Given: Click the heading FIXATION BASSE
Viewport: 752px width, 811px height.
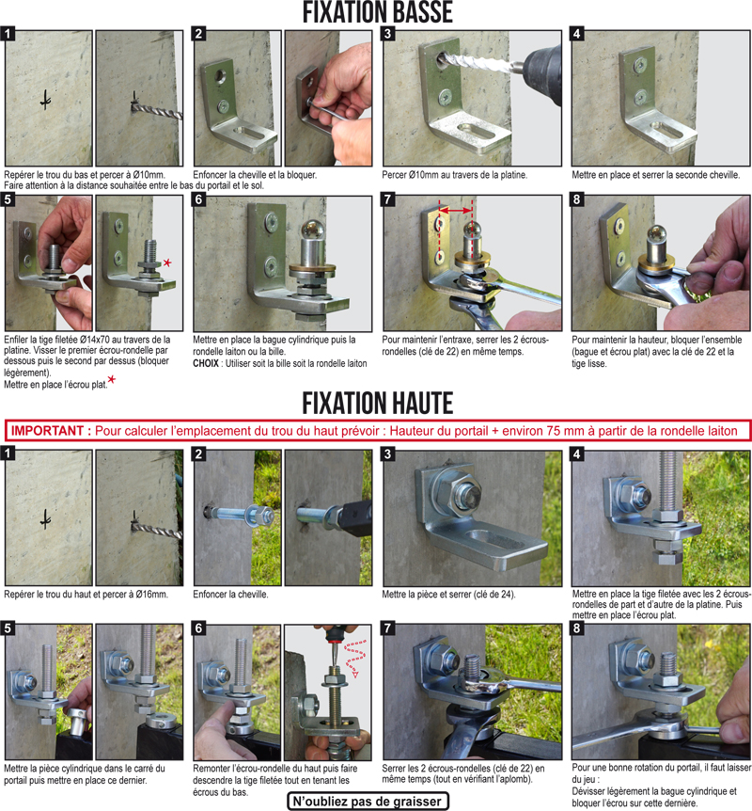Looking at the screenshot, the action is (x=377, y=12).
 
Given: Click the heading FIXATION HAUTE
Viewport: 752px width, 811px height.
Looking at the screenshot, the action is (x=377, y=404).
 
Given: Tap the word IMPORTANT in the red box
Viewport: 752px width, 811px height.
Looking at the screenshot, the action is (x=48, y=431).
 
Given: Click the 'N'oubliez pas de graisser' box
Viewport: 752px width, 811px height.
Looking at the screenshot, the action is (x=368, y=802).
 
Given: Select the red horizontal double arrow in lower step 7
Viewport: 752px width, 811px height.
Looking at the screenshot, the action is (x=455, y=210).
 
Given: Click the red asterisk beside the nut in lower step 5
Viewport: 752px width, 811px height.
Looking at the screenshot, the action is (x=167, y=262).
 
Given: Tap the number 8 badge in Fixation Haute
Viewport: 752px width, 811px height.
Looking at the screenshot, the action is (x=577, y=628).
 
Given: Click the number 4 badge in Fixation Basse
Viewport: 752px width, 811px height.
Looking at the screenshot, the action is (x=577, y=34).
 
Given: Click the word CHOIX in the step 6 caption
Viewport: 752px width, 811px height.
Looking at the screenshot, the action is (x=206, y=363).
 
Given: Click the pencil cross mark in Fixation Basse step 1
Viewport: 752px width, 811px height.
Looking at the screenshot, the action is (x=46, y=100).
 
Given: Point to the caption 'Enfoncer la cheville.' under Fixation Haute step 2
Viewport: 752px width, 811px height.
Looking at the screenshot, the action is (x=230, y=595).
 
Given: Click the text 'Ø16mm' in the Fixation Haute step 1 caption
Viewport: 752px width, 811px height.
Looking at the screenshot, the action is (x=152, y=595).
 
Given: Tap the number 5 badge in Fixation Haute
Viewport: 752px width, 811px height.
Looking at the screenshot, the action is (x=8, y=628).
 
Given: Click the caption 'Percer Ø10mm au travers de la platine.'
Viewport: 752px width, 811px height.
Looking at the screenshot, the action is (x=455, y=175).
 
